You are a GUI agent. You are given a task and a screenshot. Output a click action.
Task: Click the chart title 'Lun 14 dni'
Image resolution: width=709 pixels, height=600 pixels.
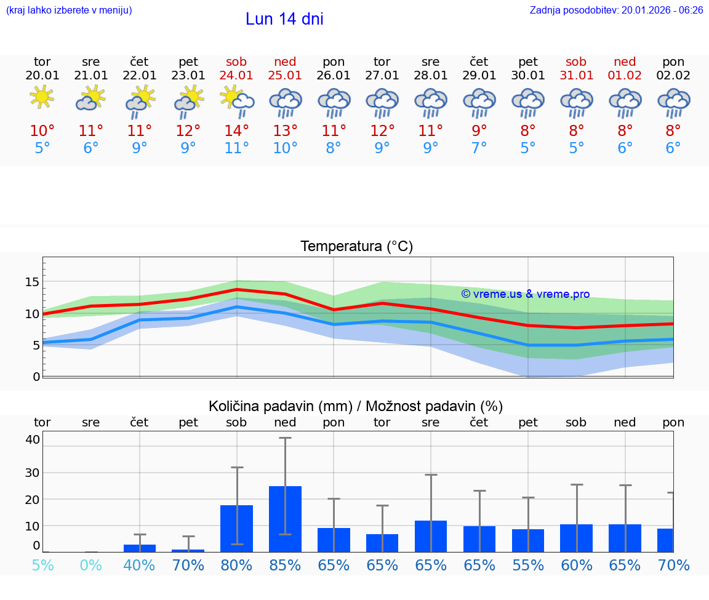(x=284, y=19)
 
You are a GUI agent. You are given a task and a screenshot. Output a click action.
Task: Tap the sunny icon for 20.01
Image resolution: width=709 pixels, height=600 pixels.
(x=42, y=97)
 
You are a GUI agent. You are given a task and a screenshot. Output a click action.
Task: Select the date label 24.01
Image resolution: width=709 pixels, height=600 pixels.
(x=236, y=75)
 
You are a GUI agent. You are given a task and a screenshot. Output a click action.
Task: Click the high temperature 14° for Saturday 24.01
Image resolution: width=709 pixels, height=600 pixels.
(x=236, y=130)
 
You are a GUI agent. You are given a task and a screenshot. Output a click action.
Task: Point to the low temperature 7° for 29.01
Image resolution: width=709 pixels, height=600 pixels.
(x=479, y=148)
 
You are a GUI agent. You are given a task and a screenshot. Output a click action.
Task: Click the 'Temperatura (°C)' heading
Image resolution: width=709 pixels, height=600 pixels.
(x=356, y=246)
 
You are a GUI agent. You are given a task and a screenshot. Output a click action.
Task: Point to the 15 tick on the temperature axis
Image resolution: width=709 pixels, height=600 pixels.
(x=32, y=282)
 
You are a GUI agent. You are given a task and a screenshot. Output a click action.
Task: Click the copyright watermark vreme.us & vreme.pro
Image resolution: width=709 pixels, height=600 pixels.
(x=525, y=294)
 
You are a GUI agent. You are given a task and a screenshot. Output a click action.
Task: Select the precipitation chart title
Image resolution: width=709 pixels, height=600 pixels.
(x=356, y=406)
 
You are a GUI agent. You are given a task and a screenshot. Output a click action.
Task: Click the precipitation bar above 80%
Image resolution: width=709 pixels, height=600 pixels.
(x=236, y=529)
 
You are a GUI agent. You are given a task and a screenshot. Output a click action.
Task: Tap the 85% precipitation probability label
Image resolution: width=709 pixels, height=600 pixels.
(x=285, y=565)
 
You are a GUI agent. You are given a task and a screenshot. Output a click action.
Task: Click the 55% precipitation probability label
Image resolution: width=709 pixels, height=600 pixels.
(x=528, y=565)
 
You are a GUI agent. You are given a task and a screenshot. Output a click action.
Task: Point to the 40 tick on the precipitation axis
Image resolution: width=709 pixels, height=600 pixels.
(x=33, y=439)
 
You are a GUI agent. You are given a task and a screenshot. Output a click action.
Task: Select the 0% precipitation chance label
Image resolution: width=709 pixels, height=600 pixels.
(x=90, y=565)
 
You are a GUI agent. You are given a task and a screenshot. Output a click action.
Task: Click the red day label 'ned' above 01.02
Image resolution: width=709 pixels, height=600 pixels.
(x=625, y=62)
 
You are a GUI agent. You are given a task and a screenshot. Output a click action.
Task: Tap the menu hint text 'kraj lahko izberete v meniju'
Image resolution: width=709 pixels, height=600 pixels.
(x=69, y=10)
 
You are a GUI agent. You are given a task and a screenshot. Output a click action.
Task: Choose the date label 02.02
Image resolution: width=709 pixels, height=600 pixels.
(x=673, y=75)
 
